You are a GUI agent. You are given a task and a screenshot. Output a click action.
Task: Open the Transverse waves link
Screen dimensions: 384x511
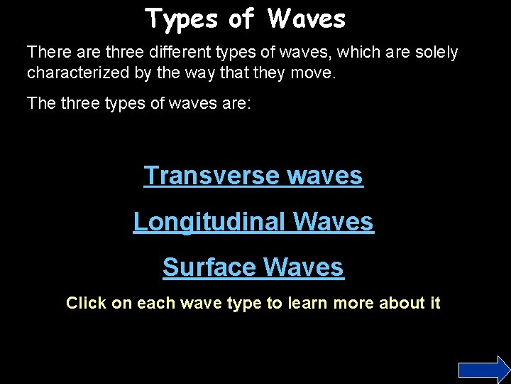[x=253, y=176]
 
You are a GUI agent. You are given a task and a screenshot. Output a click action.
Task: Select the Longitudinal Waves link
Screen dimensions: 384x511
[x=253, y=222]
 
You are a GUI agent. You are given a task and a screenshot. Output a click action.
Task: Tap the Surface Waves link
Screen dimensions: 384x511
[x=253, y=267]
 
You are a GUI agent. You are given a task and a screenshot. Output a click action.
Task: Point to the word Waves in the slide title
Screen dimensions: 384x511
[x=307, y=19]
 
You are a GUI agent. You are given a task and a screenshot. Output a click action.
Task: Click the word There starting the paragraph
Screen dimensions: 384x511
[x=47, y=53]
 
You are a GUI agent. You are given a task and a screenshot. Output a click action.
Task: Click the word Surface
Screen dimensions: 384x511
[x=209, y=267]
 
